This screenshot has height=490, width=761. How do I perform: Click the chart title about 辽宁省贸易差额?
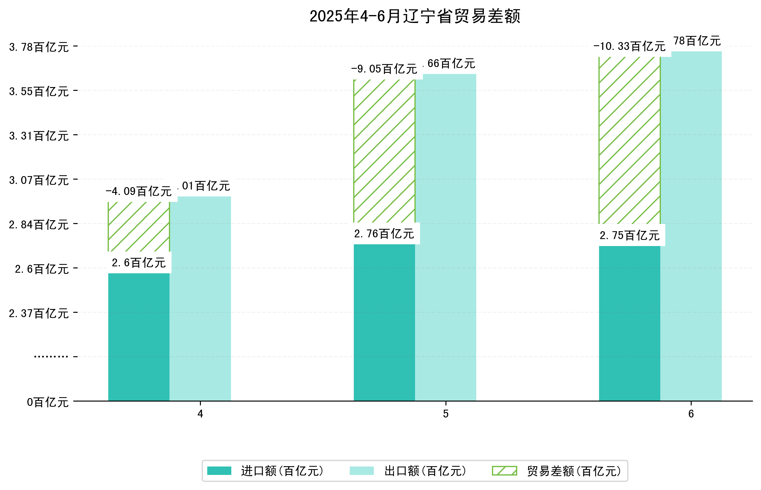pyautogui.click(x=414, y=16)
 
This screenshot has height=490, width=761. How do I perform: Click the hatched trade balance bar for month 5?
pyautogui.click(x=384, y=151)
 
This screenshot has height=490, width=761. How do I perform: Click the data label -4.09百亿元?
pyautogui.click(x=138, y=191)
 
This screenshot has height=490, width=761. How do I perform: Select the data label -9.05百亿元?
pyautogui.click(x=384, y=69)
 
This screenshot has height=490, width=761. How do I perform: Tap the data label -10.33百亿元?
pyautogui.click(x=629, y=46)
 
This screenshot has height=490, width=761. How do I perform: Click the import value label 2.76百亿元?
pyautogui.click(x=384, y=234)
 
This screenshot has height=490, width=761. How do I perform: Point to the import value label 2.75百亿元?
pyautogui.click(x=629, y=236)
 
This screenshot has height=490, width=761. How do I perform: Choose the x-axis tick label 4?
pyautogui.click(x=200, y=414)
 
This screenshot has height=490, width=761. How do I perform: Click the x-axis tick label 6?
pyautogui.click(x=691, y=414)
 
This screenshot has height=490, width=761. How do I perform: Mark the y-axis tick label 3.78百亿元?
pyautogui.click(x=39, y=47)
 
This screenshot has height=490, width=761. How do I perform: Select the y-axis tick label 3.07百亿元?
pyautogui.click(x=39, y=180)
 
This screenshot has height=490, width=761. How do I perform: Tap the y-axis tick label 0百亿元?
pyautogui.click(x=47, y=402)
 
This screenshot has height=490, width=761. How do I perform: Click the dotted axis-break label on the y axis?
pyautogui.click(x=51, y=357)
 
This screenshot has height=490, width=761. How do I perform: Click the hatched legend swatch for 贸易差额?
pyautogui.click(x=504, y=471)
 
